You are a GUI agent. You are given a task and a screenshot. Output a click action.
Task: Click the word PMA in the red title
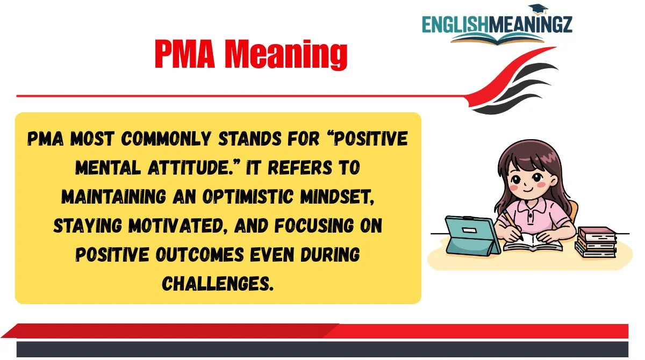(x=185, y=54)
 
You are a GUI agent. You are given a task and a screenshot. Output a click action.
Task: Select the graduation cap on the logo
(x=538, y=10)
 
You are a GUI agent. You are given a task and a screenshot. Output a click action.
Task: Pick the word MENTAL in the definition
(x=107, y=168)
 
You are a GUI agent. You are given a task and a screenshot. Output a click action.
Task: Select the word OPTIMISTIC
(x=248, y=197)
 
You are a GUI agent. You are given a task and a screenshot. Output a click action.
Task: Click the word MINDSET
(x=337, y=197)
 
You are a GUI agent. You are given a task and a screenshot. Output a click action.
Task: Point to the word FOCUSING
(x=314, y=226)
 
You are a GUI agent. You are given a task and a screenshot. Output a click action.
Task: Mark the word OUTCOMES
(x=199, y=255)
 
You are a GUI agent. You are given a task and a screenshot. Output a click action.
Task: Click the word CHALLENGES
(x=217, y=284)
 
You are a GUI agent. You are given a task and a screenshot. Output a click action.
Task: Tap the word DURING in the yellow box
(x=330, y=255)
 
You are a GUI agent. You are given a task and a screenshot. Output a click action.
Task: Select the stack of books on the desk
(x=596, y=242)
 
